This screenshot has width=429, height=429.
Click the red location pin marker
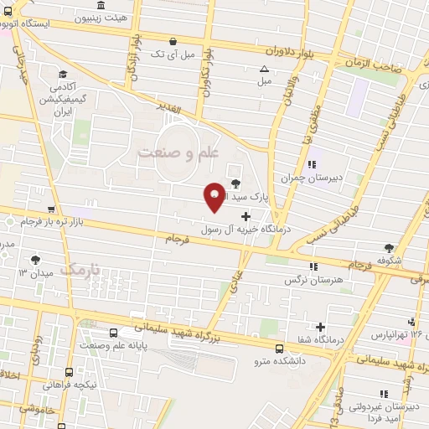(214, 195)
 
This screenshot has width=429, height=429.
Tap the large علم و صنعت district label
(178, 152)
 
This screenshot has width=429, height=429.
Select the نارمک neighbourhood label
(81, 270)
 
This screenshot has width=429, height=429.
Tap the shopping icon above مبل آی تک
(173, 40)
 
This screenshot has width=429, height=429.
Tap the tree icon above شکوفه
(389, 248)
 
